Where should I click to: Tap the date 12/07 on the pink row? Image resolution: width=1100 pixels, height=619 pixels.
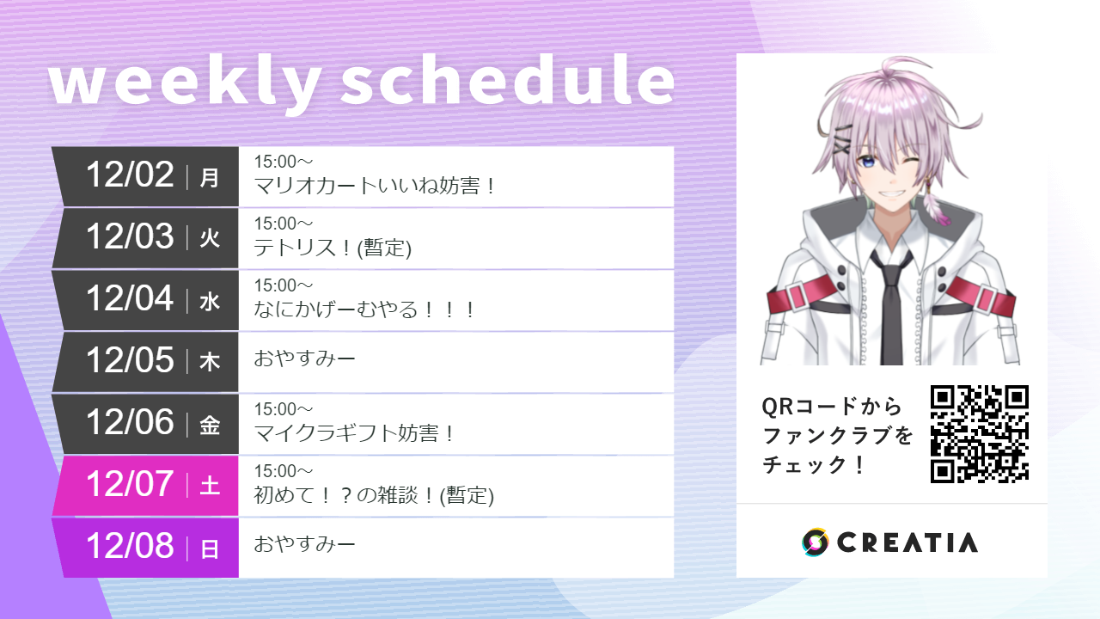point(130,484)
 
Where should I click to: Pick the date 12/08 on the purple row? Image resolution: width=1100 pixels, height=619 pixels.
point(130,546)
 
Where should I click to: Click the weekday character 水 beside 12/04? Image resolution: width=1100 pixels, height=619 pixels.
point(210,301)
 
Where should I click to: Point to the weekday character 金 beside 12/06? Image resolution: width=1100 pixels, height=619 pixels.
point(210,425)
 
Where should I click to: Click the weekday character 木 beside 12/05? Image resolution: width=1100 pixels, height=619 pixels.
point(210,363)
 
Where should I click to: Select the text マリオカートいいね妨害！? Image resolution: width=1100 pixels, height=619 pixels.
point(376,186)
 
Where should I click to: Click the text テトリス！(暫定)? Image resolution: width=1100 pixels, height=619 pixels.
point(333,248)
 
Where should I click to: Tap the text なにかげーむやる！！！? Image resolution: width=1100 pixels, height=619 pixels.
point(365,309)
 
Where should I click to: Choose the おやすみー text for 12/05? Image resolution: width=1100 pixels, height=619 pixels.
point(304,359)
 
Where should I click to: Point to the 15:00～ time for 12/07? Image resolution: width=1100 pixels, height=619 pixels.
point(284,471)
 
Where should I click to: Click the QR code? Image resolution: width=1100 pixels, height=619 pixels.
point(980,433)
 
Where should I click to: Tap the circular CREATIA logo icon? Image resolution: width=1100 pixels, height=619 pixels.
point(815,542)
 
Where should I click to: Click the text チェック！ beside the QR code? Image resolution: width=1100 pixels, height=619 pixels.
point(814,465)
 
